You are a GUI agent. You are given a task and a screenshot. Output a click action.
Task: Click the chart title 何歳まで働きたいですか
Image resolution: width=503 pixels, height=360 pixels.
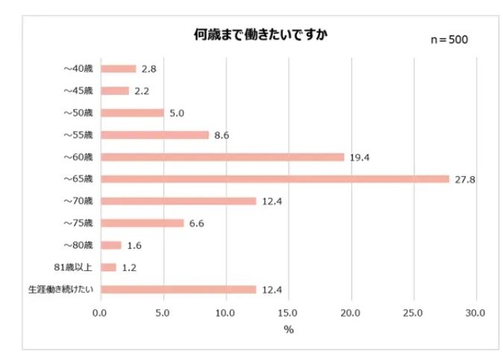click(x=251, y=35)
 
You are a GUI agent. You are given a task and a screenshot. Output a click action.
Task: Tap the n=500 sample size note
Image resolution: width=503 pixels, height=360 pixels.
click(x=449, y=40)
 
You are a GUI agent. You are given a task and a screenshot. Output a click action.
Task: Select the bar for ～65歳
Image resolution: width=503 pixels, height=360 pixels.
click(x=275, y=179)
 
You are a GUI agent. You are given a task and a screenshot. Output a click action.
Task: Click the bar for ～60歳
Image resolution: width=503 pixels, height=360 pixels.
click(x=222, y=157)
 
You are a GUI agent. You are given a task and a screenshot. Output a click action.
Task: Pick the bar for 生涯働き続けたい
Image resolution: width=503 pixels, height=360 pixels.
click(x=178, y=289)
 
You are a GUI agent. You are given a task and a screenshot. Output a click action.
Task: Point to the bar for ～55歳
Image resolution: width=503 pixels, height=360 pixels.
click(x=154, y=135)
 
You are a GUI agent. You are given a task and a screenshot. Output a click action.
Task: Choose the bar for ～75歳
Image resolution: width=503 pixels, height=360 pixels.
click(x=142, y=223)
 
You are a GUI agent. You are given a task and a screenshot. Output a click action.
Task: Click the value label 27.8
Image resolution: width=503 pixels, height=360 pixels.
click(x=463, y=179)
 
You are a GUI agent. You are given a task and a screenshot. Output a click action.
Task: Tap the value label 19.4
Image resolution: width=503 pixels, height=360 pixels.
click(x=358, y=158)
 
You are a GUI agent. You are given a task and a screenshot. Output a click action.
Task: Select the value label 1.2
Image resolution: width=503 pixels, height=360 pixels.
click(x=129, y=267)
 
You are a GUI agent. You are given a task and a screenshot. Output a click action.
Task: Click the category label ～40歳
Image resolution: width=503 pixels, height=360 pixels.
click(x=78, y=69)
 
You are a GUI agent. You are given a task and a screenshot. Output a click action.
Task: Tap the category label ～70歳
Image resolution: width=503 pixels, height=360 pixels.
click(x=78, y=201)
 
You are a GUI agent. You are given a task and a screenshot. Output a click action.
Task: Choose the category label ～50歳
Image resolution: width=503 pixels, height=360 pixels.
click(x=78, y=113)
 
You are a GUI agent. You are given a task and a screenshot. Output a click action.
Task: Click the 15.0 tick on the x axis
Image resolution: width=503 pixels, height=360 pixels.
click(x=288, y=312)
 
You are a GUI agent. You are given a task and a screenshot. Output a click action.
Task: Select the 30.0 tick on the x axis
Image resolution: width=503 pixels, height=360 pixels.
click(x=475, y=312)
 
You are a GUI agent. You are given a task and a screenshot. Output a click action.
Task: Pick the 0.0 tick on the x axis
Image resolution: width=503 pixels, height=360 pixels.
click(x=100, y=312)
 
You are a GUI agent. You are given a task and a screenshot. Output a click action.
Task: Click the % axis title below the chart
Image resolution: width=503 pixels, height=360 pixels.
click(x=288, y=328)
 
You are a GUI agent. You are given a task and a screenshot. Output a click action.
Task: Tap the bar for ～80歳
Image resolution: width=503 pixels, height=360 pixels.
click(x=110, y=245)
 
